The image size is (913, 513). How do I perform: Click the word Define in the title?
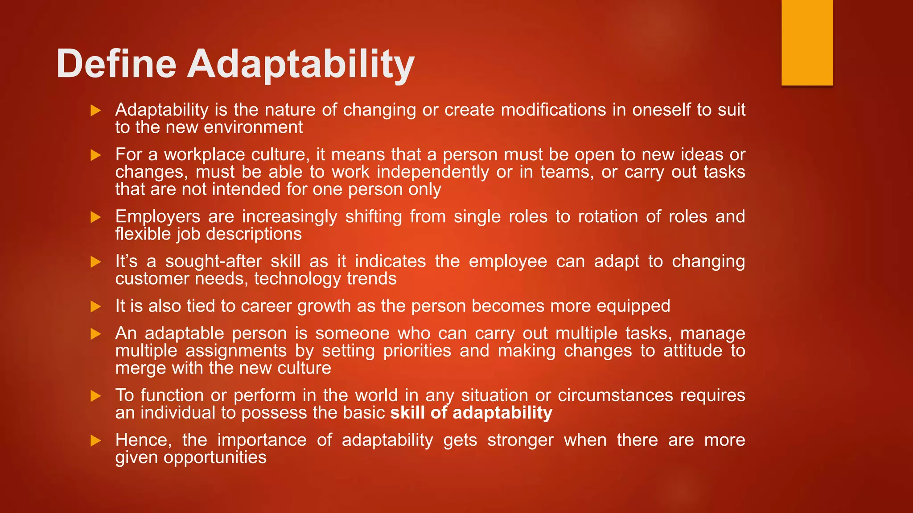116,64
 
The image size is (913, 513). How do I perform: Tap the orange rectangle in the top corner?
807,42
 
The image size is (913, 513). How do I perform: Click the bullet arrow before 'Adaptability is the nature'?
96,110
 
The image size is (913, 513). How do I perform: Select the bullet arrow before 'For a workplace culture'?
96,155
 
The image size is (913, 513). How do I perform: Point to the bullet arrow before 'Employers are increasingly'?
96,217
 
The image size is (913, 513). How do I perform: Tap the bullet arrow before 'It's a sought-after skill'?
96,262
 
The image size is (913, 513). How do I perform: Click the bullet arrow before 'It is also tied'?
96,306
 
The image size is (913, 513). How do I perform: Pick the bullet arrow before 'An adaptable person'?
96,334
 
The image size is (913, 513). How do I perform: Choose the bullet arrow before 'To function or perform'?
96,395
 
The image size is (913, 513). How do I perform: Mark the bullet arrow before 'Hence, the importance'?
96,440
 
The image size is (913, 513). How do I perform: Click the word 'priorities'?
417,351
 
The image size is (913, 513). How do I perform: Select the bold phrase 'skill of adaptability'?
471,413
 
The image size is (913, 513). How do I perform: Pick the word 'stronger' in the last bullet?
520,440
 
